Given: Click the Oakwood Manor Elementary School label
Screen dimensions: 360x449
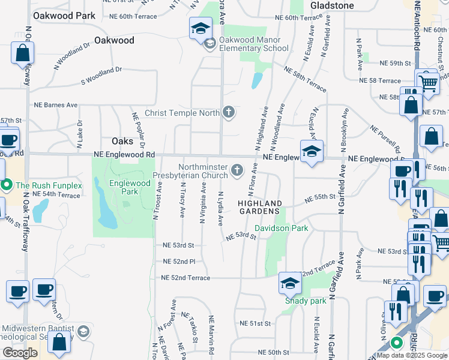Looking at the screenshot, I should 253,44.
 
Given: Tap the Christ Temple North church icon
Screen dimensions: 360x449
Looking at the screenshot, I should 228,112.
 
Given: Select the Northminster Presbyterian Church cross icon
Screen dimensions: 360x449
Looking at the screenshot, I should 237,172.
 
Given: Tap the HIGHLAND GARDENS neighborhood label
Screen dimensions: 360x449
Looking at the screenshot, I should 259,207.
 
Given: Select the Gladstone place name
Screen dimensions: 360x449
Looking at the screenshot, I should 332,5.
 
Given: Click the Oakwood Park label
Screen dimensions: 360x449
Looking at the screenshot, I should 64,15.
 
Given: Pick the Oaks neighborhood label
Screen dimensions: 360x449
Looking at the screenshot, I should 122,141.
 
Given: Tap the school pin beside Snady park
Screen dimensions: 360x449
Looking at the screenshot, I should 289,283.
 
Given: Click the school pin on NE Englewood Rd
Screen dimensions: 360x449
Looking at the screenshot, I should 312,152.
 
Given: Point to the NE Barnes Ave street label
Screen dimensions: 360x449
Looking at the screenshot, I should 56,104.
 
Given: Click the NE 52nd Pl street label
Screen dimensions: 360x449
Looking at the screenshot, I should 180,262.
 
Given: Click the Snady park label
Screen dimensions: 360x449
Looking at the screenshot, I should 306,300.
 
